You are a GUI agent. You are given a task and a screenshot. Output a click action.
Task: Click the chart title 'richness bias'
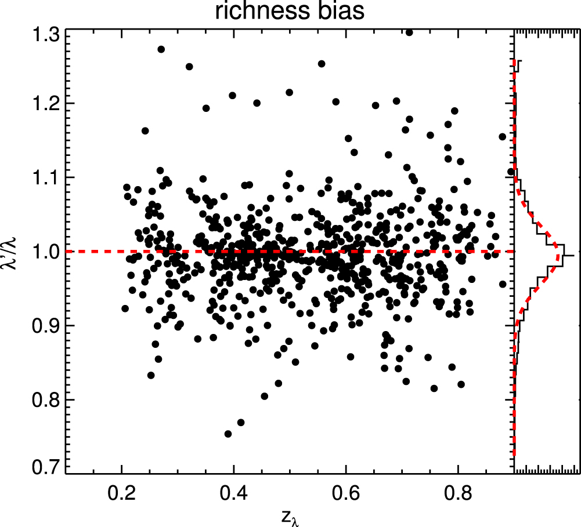point(290,12)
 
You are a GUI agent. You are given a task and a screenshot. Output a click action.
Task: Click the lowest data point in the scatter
point(228,434)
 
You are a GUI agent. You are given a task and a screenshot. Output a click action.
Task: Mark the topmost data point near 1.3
point(409,32)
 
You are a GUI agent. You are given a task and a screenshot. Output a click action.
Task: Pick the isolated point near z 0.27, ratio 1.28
point(161,49)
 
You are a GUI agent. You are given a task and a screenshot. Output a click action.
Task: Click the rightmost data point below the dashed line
point(503,284)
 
